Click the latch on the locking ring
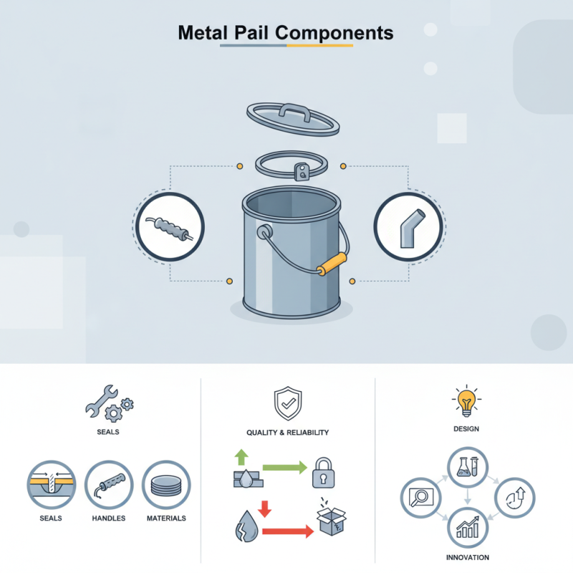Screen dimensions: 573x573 coord(303,170)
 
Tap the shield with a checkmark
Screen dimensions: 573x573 coord(286,403)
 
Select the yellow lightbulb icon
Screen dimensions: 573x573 coord(466,401)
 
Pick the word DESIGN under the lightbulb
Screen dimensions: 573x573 coord(466,429)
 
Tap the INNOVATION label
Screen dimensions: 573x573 coord(466,557)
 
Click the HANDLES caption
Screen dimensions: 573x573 coord(110,518)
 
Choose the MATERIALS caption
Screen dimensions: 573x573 coord(167,518)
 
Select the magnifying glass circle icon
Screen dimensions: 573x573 coord(420,496)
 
